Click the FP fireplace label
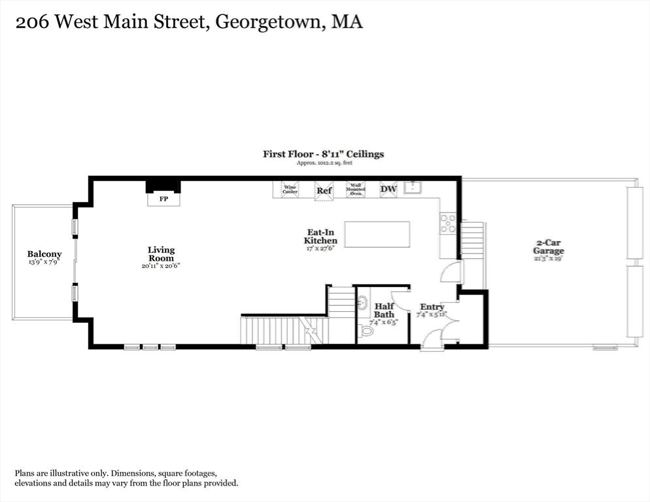pos(163,199)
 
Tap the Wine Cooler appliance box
pos(290,190)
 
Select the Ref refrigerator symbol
pos(324,190)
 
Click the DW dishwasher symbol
pos(388,190)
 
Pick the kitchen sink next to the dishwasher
pos(413,188)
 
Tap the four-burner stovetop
pos(448,224)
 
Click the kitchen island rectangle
pos(377,234)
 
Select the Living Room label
pos(161,254)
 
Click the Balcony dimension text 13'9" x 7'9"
pos(44,261)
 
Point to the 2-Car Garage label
pos(548,246)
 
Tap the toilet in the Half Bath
pos(367,331)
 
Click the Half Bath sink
pos(362,303)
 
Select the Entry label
pos(432,307)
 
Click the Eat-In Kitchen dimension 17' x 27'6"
pos(320,248)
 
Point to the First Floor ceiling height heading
pos(323,154)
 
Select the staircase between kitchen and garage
pos(472,240)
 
